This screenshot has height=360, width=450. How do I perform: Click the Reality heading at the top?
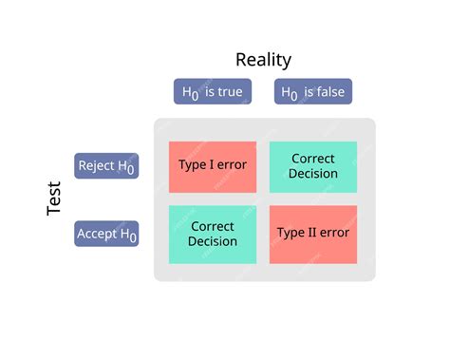(x=263, y=60)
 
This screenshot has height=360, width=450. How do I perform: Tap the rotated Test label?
(x=54, y=199)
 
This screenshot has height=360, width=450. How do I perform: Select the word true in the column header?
(x=230, y=92)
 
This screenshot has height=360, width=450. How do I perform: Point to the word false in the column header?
(x=330, y=92)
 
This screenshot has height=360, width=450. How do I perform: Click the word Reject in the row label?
(x=96, y=165)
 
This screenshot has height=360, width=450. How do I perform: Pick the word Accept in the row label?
(x=97, y=234)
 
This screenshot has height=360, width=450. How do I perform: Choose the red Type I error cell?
(x=212, y=166)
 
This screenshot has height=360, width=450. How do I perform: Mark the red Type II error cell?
(x=313, y=233)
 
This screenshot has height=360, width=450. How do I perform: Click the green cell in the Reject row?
(x=313, y=166)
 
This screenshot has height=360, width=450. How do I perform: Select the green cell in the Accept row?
(x=213, y=234)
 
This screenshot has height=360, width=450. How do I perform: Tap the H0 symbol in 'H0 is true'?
(x=190, y=93)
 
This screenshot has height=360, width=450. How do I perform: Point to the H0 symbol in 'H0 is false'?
(x=290, y=93)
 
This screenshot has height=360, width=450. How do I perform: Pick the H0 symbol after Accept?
(x=129, y=236)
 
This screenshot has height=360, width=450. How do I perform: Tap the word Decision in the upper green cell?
(x=313, y=174)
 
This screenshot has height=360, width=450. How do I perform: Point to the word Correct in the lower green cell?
(x=213, y=227)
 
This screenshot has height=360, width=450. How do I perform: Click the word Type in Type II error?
(x=290, y=233)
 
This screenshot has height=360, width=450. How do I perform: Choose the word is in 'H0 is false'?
(x=308, y=92)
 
